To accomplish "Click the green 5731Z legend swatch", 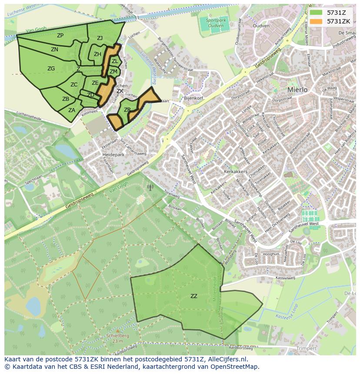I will click(x=317, y=13).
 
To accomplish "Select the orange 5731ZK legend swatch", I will click(x=317, y=21).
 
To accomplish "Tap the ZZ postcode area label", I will click(x=194, y=296).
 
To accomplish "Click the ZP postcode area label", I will click(x=60, y=36).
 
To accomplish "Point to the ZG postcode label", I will click(x=51, y=69).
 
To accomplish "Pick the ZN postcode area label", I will click(x=54, y=50).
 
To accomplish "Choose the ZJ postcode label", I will click(x=100, y=38).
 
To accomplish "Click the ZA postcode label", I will click(x=71, y=110).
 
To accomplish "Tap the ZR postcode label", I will click(x=127, y=110).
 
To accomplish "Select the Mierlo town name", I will click(x=297, y=90).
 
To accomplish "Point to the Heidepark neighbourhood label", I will click(x=113, y=155).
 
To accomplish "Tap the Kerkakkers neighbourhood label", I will click(x=235, y=172).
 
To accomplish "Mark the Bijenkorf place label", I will click(x=193, y=98).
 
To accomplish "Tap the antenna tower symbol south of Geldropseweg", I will click(x=150, y=188).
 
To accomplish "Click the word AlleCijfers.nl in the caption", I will click(x=227, y=360).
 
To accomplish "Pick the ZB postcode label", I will click(x=66, y=99).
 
